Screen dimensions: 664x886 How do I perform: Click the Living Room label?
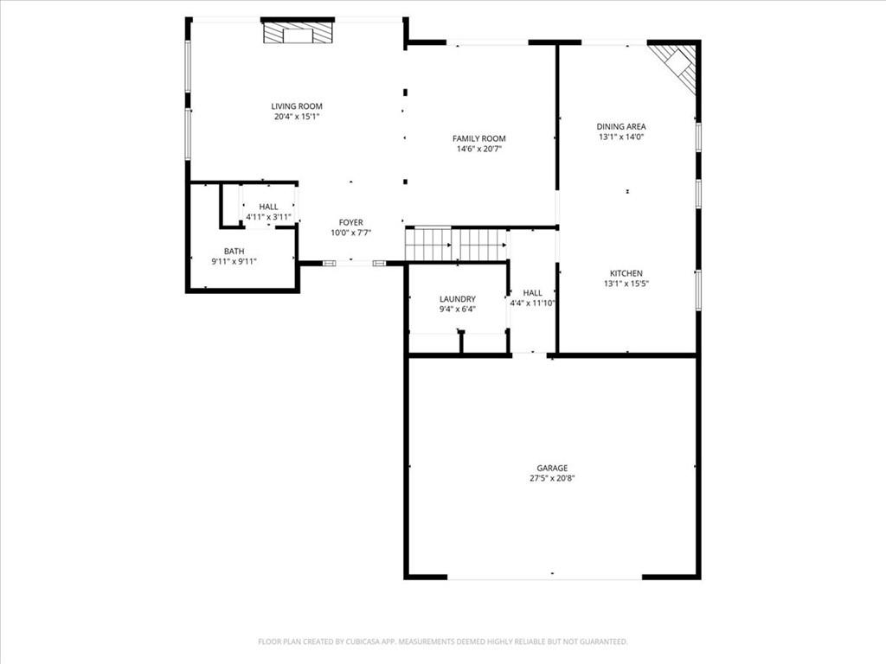click(x=297, y=106)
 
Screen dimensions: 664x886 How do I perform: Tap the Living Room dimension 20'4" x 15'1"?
click(x=297, y=117)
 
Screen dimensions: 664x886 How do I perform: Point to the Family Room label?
click(x=479, y=138)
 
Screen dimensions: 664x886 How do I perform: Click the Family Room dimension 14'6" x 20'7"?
click(x=479, y=149)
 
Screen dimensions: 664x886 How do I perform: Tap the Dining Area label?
click(x=621, y=126)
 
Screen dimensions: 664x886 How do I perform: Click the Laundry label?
click(x=457, y=299)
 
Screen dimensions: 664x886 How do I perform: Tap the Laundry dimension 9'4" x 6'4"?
click(x=457, y=310)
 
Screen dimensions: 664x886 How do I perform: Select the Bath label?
click(x=234, y=251)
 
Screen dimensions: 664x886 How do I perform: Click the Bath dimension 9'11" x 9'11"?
click(x=234, y=261)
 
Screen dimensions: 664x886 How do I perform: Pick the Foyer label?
click(x=351, y=222)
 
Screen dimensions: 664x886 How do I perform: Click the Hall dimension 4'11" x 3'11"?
click(x=268, y=217)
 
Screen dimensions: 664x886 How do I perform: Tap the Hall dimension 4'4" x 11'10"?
click(x=533, y=303)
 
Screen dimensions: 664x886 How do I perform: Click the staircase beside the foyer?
click(x=456, y=244)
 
